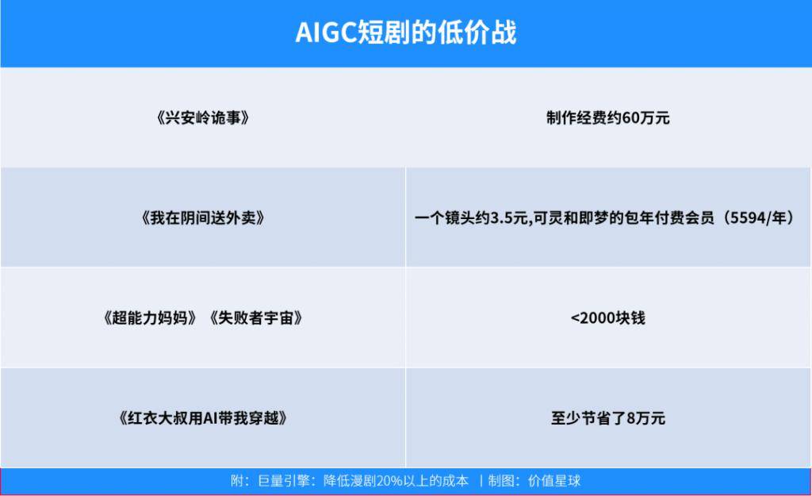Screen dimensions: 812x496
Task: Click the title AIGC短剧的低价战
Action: click(x=406, y=32)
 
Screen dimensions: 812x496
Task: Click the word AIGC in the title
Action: click(x=326, y=33)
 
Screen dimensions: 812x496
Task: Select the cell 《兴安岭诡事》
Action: click(x=203, y=118)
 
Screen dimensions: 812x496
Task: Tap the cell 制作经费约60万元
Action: click(x=608, y=118)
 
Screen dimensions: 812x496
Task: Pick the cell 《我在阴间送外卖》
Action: click(x=203, y=217)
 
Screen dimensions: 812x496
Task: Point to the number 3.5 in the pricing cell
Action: click(x=501, y=218)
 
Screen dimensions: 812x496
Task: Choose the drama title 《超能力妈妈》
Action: click(x=150, y=317)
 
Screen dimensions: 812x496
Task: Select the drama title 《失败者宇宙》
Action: click(x=256, y=317)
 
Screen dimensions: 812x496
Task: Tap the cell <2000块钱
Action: click(x=608, y=317)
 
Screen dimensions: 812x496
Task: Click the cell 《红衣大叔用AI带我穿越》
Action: click(x=203, y=417)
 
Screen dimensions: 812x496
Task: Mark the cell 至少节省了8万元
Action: click(x=608, y=417)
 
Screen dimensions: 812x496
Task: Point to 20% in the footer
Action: click(x=389, y=481)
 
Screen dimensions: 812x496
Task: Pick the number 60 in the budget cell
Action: click(x=630, y=118)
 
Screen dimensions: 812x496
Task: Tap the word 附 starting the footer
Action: click(x=237, y=481)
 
